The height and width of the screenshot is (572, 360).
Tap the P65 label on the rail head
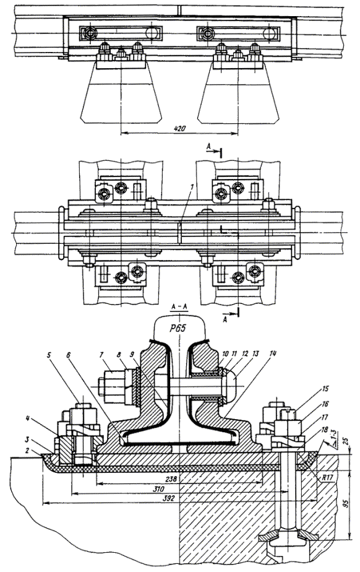(x=178, y=328)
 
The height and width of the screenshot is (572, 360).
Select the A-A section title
(x=179, y=308)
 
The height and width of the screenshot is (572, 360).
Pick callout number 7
(x=101, y=354)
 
